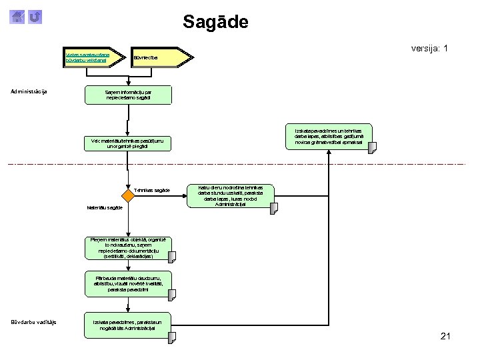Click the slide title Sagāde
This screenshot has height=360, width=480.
215,22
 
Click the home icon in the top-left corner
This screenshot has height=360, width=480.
19,17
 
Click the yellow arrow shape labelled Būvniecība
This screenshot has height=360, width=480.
154,57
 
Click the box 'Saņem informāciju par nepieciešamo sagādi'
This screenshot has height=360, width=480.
128,95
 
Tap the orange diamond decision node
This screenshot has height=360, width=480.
128,196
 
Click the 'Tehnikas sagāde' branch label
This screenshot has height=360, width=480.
152,191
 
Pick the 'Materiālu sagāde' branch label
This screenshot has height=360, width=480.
105,207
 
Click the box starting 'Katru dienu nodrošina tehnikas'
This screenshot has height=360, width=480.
231,196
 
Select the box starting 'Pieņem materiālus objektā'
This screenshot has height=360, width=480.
128,247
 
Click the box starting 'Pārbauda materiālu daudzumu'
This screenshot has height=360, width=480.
128,283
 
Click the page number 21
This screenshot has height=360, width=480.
445,336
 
